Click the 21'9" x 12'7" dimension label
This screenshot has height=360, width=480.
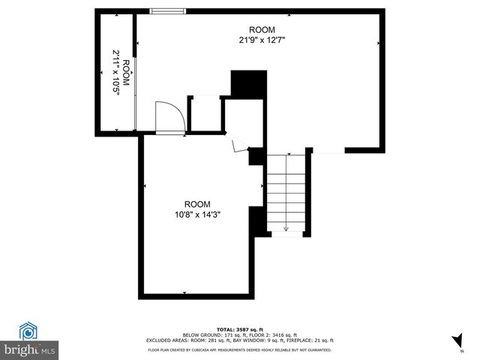point(256,40)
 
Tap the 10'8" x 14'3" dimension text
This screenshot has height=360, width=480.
point(198,214)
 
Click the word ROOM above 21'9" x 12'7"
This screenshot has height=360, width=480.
point(256,30)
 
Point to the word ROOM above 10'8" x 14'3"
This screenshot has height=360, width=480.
point(198,204)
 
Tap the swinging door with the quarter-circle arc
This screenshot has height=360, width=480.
point(169,118)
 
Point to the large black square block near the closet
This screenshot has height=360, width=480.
point(249,82)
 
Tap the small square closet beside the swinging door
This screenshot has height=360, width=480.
point(204,114)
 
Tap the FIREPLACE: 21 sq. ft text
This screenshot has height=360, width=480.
point(316,340)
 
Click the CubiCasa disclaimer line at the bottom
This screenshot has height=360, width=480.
point(240,349)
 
